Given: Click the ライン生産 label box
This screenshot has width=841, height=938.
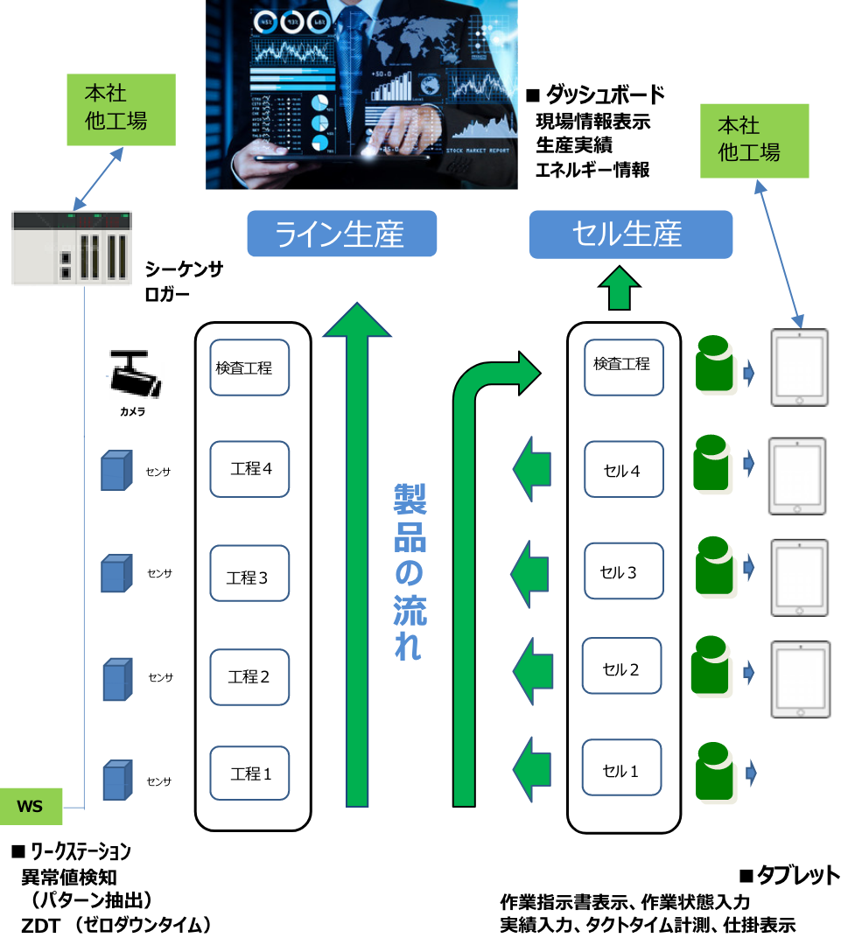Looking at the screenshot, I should coord(341,234).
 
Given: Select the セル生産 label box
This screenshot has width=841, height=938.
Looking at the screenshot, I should coord(630,234).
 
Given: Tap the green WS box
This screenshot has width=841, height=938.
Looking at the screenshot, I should coord(31,806).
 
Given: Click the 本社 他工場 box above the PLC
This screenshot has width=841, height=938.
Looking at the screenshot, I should coord(121,109).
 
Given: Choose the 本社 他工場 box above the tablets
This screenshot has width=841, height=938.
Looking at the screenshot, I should coord(753,141).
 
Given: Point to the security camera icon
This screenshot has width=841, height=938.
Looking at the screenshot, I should coord(137,374).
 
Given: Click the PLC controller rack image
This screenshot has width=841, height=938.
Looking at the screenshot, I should coord(72,248).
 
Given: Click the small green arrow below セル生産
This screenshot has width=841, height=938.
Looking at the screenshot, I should coord(620,289).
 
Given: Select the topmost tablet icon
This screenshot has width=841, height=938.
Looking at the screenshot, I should coord(799,367).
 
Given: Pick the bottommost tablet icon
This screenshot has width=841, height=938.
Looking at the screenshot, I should coord(800,679).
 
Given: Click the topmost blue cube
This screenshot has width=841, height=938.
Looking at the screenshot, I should coord(116,471).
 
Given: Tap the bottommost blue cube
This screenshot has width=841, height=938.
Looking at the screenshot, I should coord(117,780).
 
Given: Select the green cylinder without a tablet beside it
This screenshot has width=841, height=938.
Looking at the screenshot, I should coord(715,773).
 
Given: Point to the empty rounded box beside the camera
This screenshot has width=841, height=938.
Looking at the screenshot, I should coord(249,367).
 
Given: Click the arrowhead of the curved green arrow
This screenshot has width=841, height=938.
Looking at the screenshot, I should coord(529,374).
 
